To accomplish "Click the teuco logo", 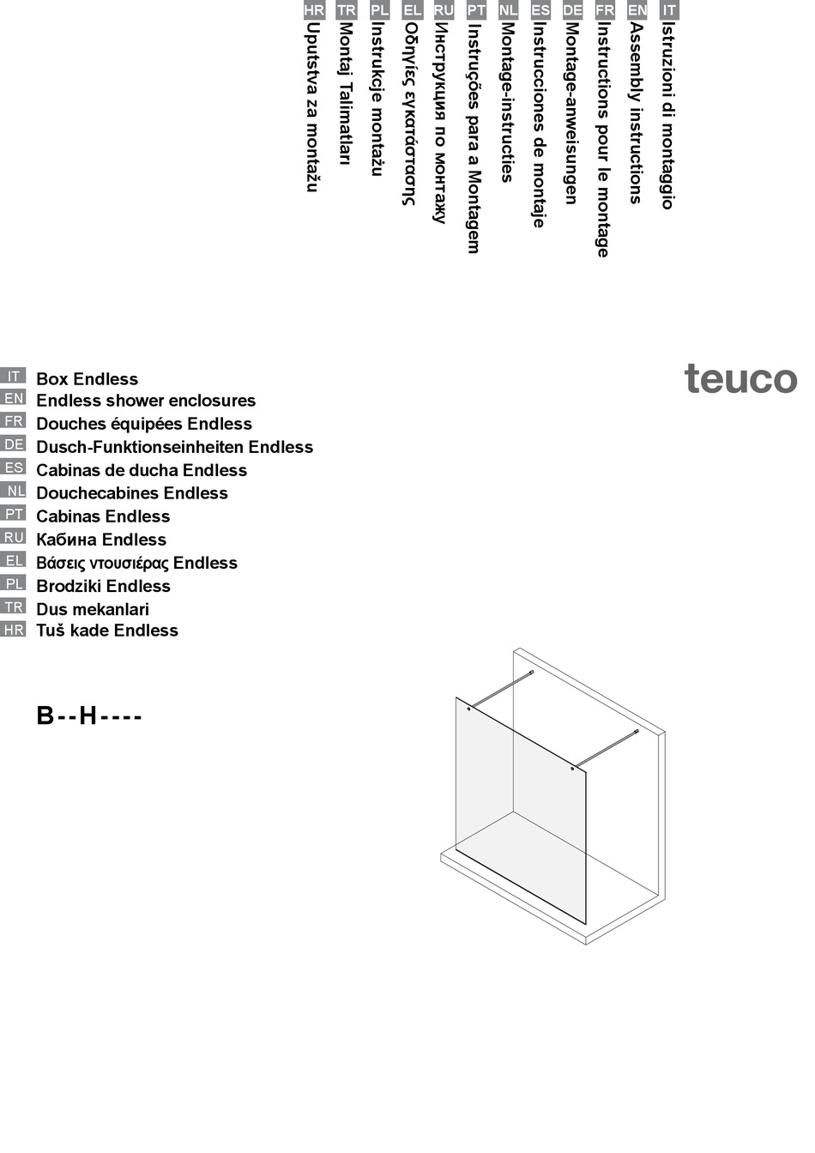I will [x=740, y=379].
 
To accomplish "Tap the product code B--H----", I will [x=88, y=715].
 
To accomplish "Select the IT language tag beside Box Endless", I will [x=14, y=376].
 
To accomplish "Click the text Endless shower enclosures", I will [x=146, y=401].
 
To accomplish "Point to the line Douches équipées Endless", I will [x=144, y=424].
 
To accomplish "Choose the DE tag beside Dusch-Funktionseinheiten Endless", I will [x=14, y=444].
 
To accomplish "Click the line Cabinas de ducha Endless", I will [x=142, y=470].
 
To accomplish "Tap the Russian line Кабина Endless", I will [x=101, y=540].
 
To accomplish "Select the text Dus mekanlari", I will [x=93, y=609].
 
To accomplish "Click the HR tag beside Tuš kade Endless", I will [x=14, y=630].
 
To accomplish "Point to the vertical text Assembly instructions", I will [x=636, y=112].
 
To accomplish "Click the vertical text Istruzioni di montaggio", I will [x=667, y=116].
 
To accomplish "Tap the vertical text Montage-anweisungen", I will [x=571, y=112].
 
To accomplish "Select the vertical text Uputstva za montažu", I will [x=313, y=107].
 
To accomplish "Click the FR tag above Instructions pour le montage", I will [x=605, y=10].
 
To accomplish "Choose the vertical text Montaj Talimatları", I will [x=346, y=94].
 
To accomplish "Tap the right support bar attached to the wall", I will [x=606, y=748].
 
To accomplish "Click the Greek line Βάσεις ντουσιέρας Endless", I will [x=136, y=563].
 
